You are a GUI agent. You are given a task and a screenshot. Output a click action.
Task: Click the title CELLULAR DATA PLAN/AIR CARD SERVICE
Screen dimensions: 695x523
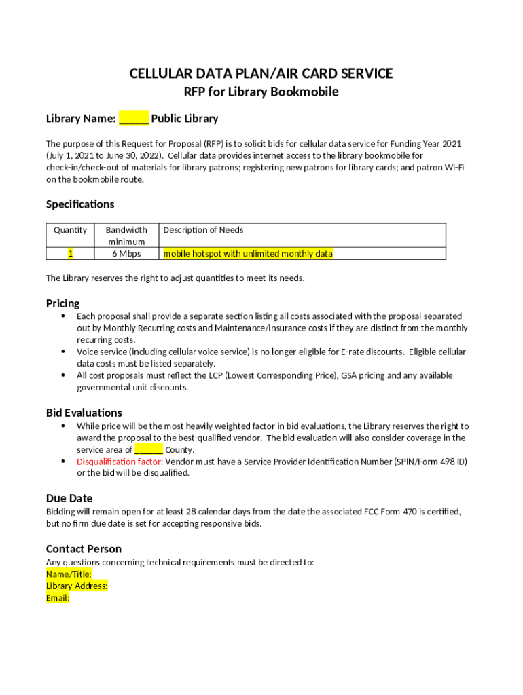(261, 73)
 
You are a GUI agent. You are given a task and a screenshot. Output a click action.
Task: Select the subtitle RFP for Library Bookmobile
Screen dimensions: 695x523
(261, 92)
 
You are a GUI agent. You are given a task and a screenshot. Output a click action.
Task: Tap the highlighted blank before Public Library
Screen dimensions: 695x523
(134, 119)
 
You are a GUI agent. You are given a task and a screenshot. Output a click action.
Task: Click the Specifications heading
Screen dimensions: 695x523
(80, 204)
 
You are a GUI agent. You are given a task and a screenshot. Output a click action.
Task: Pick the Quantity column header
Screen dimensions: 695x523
(71, 230)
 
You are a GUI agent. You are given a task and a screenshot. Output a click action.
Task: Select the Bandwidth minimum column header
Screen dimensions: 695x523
(126, 236)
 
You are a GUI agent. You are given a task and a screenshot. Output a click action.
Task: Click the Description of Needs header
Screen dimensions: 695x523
(203, 230)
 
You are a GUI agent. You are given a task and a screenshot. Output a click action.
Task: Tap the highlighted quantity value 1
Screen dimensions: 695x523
(71, 254)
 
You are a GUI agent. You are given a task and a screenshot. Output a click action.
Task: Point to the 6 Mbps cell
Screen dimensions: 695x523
(126, 254)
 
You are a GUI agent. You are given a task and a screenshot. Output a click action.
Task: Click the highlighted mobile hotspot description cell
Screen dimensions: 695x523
(248, 254)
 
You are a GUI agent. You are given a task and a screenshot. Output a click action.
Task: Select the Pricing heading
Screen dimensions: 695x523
(62, 303)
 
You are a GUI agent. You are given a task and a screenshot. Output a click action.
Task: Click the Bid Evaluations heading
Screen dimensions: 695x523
(84, 413)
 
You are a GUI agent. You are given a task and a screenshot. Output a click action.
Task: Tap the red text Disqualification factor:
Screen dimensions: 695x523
(120, 462)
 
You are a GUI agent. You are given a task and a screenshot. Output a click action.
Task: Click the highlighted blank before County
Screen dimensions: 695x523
(148, 450)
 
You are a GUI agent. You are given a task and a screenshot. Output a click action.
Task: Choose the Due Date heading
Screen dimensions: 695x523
(69, 498)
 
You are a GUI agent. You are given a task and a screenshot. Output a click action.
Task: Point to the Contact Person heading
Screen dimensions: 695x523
(84, 549)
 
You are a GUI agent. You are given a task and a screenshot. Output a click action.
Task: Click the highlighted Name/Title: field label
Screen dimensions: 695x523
(69, 574)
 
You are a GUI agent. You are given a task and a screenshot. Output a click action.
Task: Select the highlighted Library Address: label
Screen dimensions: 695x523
(77, 586)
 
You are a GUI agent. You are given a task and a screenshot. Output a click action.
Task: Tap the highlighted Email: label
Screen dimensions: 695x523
(58, 599)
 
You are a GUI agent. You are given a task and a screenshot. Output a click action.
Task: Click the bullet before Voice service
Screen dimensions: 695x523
(63, 352)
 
